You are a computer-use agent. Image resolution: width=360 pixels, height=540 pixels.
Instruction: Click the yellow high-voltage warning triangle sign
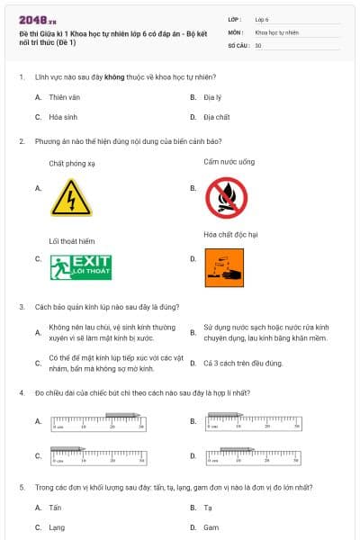[x=71, y=197]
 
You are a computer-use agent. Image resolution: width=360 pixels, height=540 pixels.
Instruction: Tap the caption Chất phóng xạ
[x=72, y=163]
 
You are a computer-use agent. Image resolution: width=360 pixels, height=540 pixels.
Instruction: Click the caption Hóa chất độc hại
[x=231, y=234]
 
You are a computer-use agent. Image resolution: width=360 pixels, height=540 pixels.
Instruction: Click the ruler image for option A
[x=96, y=420]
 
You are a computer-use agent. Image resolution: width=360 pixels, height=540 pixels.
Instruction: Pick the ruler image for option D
[x=251, y=455]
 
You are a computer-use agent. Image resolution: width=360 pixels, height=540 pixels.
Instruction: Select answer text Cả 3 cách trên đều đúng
[x=243, y=363]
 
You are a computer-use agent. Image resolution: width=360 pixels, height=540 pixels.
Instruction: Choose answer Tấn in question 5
[x=56, y=508]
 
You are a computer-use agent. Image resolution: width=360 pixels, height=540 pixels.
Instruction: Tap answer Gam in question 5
[x=211, y=527]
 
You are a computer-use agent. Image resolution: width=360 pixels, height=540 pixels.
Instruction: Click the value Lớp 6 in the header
[x=262, y=19]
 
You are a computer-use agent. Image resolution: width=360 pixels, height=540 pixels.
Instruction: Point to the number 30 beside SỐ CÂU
[x=258, y=44]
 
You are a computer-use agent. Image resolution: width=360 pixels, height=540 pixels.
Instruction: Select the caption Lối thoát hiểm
[x=72, y=240]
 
